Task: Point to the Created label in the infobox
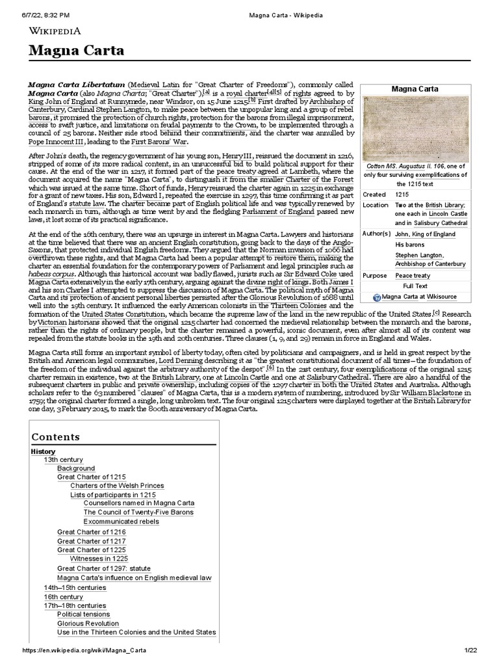pos(374,194)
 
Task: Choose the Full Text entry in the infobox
pos(415,286)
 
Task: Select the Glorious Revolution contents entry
pos(88,623)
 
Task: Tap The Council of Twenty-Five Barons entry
pos(129,512)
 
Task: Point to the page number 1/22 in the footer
pos(470,651)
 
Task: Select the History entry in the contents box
pos(43,451)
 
